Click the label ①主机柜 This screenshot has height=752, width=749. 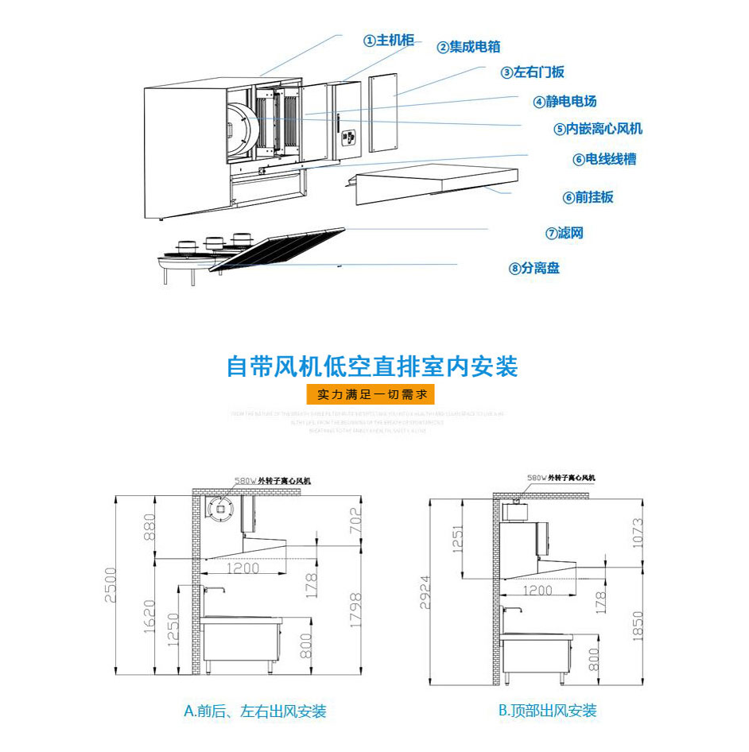point(389,41)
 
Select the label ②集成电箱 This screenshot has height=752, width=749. point(468,47)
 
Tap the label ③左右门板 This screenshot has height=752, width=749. point(532,72)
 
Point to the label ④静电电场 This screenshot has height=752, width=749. point(565,101)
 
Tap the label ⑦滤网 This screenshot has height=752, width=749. point(565,233)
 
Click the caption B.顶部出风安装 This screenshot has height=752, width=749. point(547,711)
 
